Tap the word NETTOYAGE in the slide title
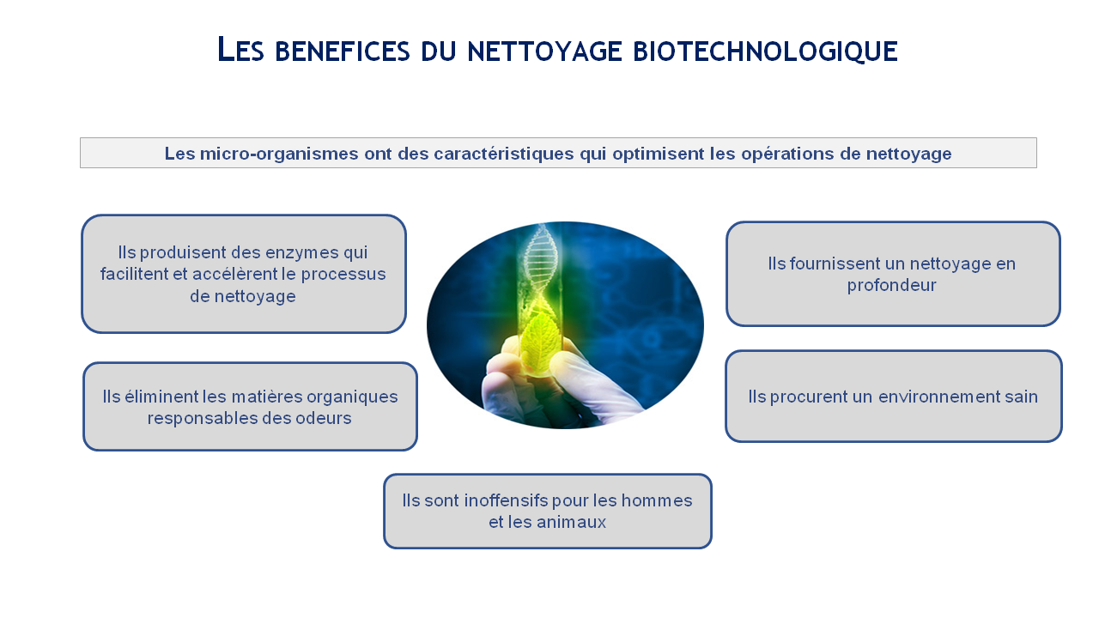click(x=544, y=51)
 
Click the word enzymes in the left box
click(x=298, y=253)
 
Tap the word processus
click(x=343, y=274)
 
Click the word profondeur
click(x=891, y=286)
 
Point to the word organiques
click(x=352, y=397)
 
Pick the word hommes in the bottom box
click(x=657, y=500)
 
